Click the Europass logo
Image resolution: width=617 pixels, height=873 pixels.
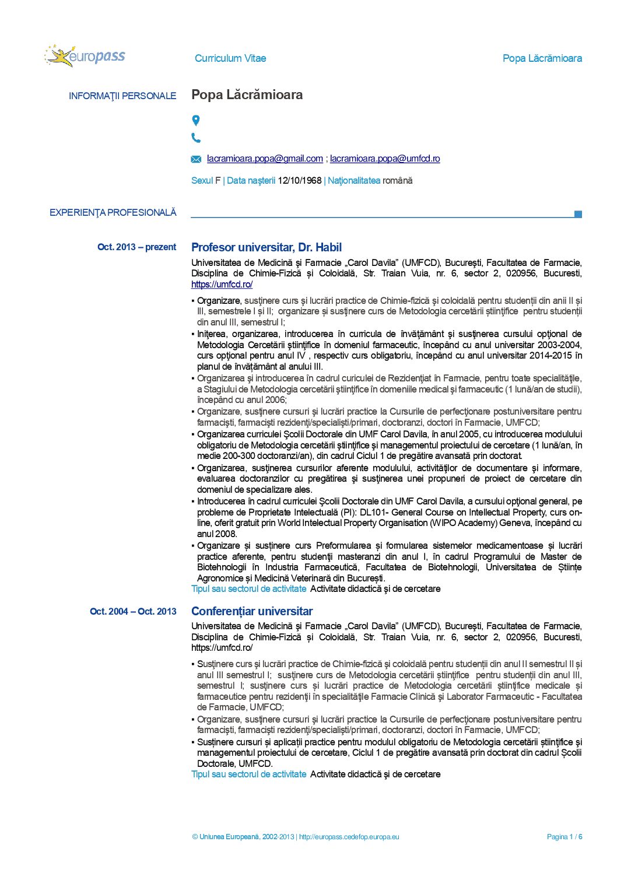point(85,56)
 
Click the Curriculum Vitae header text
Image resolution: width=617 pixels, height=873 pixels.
point(230,58)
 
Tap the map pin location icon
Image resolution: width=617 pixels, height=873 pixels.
point(196,120)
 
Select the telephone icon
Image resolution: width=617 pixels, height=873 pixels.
point(196,138)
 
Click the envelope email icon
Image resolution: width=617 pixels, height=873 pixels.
point(197,159)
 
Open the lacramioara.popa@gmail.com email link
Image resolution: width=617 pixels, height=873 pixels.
point(265,159)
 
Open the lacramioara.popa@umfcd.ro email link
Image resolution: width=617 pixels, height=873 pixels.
point(385,159)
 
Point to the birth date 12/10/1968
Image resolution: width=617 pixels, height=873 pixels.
point(300,181)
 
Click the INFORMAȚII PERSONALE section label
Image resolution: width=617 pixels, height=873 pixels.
point(122,96)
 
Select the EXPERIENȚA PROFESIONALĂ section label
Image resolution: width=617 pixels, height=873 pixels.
point(113,213)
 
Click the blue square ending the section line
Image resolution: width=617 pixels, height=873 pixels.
point(578,214)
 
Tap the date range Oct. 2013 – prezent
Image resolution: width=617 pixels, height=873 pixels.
point(136,247)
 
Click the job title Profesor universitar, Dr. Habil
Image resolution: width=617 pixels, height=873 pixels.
point(267,247)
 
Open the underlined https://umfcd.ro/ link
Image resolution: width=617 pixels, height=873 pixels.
point(222,285)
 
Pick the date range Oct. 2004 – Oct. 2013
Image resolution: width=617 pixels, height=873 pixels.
point(133,611)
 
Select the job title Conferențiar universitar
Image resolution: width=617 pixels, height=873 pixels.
point(252,611)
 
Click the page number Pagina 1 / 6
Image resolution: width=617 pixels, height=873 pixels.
point(565,837)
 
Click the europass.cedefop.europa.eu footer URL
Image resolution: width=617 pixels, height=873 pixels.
point(349,837)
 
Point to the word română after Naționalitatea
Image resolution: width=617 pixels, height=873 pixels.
point(397,181)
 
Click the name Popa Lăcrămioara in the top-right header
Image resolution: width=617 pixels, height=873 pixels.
point(542,58)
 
